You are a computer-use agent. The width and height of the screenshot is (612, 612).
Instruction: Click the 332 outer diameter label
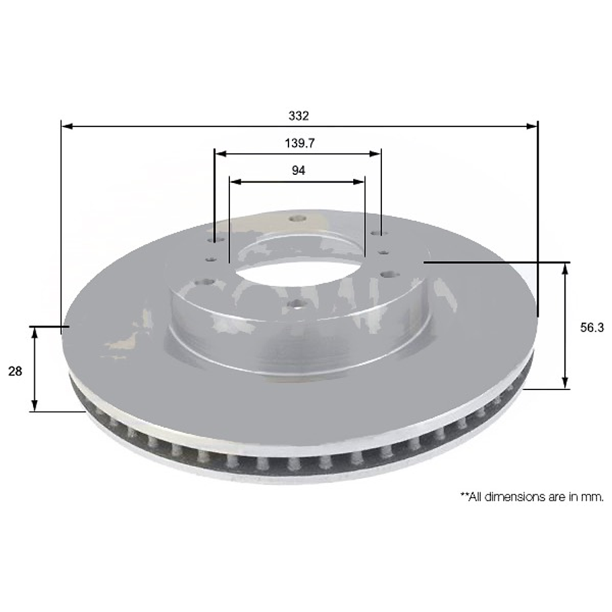299,116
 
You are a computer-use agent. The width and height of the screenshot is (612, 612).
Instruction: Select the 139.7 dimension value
299,143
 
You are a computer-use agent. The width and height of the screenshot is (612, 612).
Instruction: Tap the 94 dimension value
299,171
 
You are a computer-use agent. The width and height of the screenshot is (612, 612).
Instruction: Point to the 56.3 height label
592,328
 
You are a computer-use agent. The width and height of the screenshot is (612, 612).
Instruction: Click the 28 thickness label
15,371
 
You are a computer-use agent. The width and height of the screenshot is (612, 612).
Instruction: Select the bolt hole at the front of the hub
295,305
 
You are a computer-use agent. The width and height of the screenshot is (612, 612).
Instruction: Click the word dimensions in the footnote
514,497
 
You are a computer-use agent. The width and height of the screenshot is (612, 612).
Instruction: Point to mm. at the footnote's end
592,497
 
